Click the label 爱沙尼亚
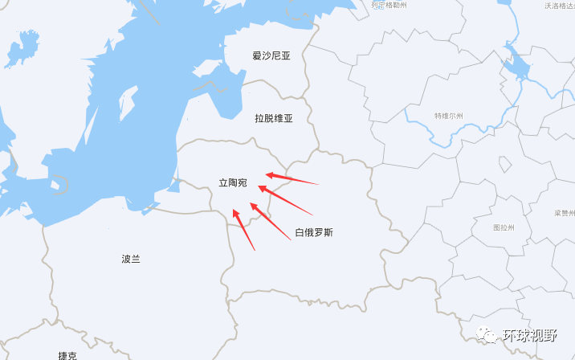click(271, 56)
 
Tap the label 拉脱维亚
click(274, 118)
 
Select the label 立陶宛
click(233, 183)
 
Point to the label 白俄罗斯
click(313, 233)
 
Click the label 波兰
click(131, 259)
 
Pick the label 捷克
click(67, 355)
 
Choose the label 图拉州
click(504, 227)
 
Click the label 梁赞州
click(564, 213)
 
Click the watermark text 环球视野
click(530, 336)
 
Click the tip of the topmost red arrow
click(267, 174)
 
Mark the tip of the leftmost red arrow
click(233, 210)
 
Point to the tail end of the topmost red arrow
click(319, 184)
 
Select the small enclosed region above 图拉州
click(504, 164)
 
